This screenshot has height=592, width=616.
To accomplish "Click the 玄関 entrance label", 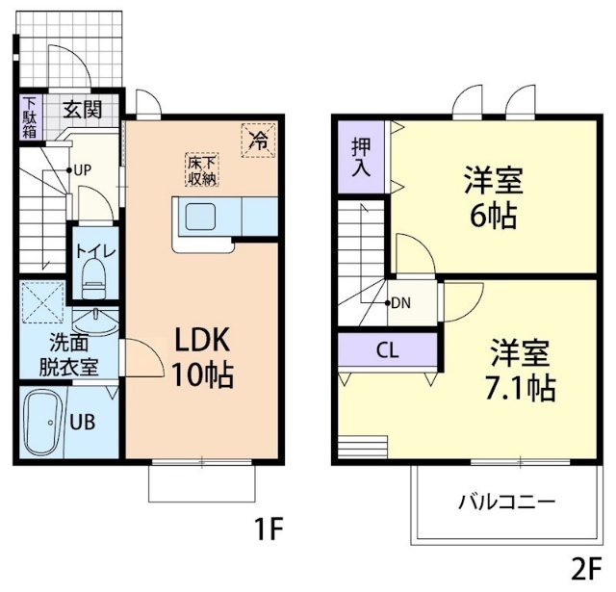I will (84, 108).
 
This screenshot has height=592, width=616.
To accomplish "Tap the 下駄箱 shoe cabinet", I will (30, 117).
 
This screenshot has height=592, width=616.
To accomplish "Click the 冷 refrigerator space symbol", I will (258, 140).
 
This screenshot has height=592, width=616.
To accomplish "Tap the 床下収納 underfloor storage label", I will (202, 169).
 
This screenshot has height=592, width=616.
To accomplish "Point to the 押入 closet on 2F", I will (362, 156).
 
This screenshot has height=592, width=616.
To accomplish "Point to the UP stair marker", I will (81, 170).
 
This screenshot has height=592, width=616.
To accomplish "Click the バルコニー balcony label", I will (506, 502).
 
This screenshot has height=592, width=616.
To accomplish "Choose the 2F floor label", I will (585, 568).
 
